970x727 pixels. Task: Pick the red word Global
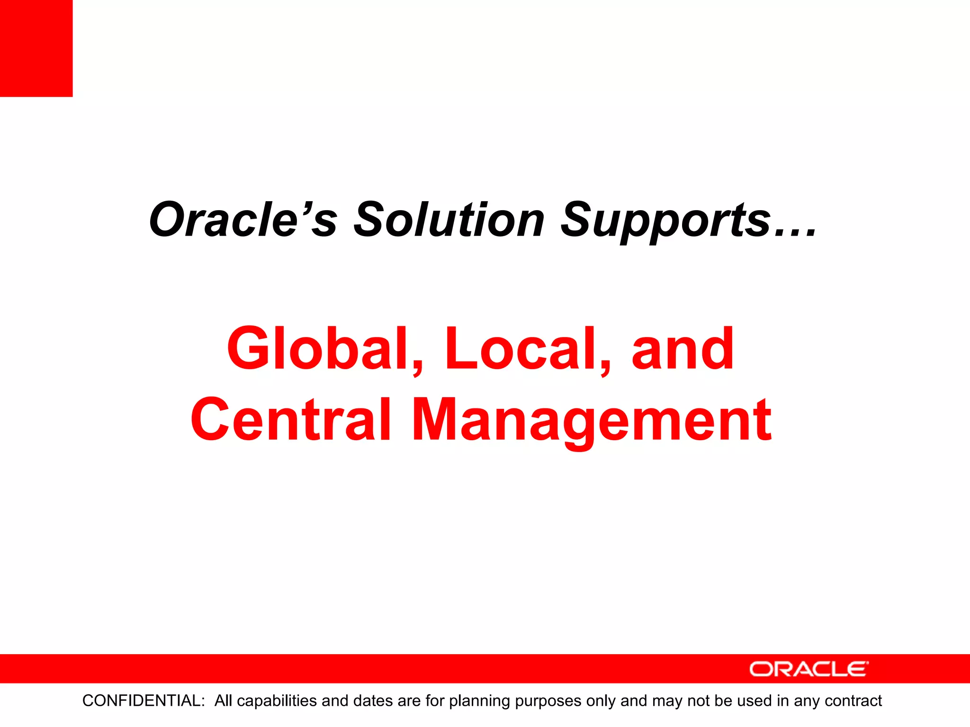pyautogui.click(x=317, y=349)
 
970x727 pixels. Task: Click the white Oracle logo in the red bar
pyautogui.click(x=809, y=669)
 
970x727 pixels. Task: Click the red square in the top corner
pyautogui.click(x=36, y=48)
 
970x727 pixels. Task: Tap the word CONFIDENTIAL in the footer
pyautogui.click(x=144, y=700)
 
